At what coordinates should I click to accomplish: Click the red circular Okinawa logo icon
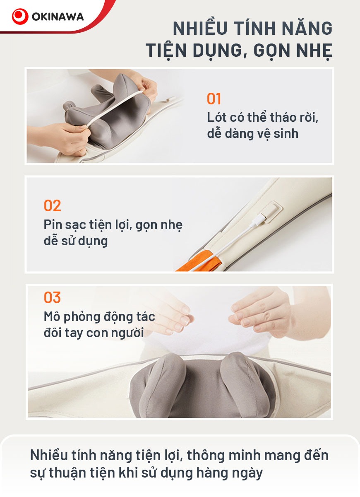tap(20, 17)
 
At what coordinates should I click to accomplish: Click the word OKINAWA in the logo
tap(58, 17)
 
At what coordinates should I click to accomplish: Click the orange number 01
tap(214, 99)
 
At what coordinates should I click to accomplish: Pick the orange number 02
tap(52, 205)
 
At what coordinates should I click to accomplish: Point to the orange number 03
tap(52, 297)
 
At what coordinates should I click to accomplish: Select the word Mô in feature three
tap(52, 316)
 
